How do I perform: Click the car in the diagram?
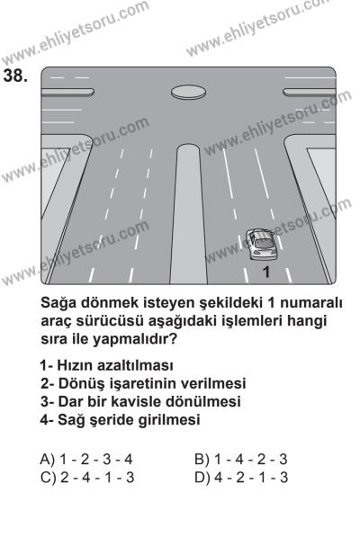point(260,241)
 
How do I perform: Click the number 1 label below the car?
point(265,270)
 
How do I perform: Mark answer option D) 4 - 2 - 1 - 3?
point(241,476)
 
